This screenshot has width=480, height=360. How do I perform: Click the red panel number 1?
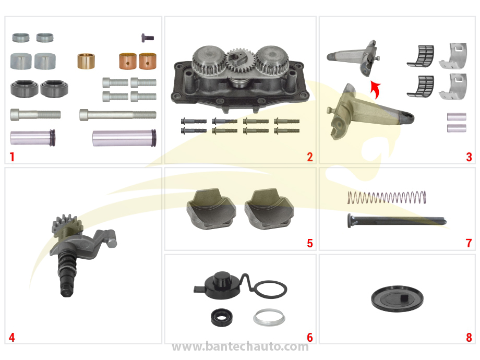pyautogui.click(x=12, y=157)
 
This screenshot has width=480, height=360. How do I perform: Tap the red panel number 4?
pyautogui.click(x=11, y=338)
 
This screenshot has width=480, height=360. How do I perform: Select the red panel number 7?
pyautogui.click(x=469, y=243)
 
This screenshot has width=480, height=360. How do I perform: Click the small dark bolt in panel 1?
pyautogui.click(x=148, y=38)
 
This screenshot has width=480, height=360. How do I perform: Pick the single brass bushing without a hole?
pyautogui.click(x=86, y=61)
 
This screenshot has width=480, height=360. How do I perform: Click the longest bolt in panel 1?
pyautogui.click(x=118, y=115)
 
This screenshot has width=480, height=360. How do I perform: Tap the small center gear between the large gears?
pyautogui.click(x=239, y=61)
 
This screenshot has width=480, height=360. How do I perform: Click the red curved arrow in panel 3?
pyautogui.click(x=376, y=89)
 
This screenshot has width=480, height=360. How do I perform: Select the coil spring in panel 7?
pyautogui.click(x=387, y=197)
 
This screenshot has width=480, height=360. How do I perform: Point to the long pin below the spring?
pyautogui.click(x=397, y=220)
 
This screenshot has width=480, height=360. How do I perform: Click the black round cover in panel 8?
pyautogui.click(x=397, y=299)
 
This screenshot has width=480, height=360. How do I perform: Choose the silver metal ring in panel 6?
pyautogui.click(x=269, y=317)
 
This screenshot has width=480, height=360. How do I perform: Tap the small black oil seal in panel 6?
pyautogui.click(x=221, y=317)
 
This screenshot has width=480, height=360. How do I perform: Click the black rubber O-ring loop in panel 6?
pyautogui.click(x=271, y=289)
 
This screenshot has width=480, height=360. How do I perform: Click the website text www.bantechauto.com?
pyautogui.click(x=240, y=346)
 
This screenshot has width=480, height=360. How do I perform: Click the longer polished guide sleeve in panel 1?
pyautogui.click(x=124, y=138)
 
